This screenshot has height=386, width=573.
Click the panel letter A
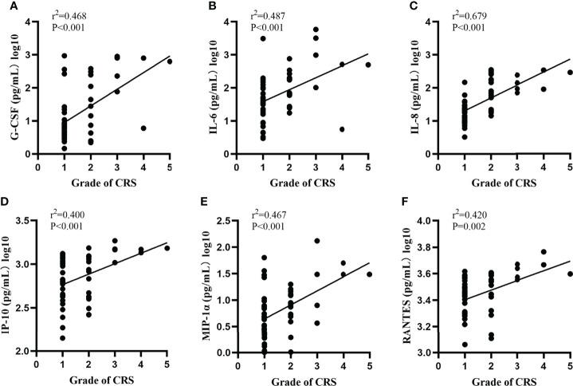pyautogui.click(x=6, y=7)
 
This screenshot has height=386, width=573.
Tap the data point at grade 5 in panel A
pyautogui.click(x=170, y=61)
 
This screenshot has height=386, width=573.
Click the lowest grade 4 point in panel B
pyautogui.click(x=342, y=129)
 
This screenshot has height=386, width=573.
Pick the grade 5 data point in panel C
pyautogui.click(x=569, y=73)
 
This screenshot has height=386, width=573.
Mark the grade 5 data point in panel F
pyautogui.click(x=569, y=274)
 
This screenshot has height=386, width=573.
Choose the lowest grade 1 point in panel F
pyautogui.click(x=464, y=345)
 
